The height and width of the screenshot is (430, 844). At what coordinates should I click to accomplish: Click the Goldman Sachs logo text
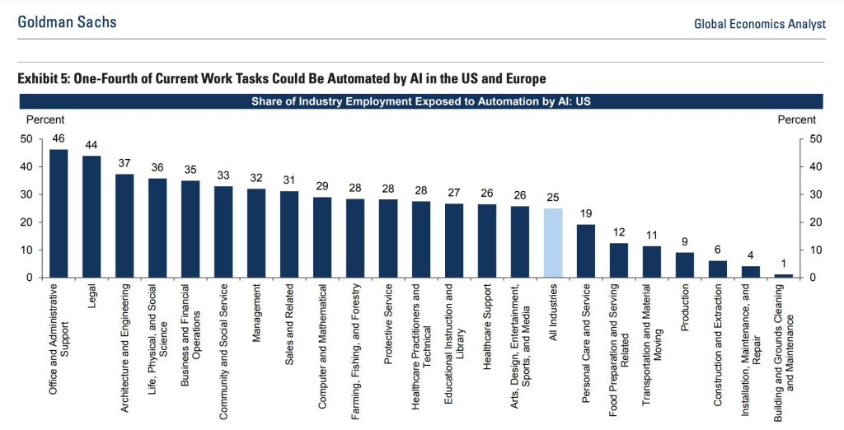coord(68,22)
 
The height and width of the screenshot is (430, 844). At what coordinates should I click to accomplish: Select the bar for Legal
coord(91,216)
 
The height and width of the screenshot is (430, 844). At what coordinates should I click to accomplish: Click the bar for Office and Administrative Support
coord(59,213)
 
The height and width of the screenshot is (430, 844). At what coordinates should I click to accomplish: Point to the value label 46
coord(59,138)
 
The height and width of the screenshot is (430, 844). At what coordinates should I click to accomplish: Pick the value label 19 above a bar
coord(586,213)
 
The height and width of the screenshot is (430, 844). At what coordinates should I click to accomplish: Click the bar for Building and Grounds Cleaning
coord(784,275)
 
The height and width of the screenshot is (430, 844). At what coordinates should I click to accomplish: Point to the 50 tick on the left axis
coord(27,139)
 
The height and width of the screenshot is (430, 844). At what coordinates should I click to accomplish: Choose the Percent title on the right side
coord(796,120)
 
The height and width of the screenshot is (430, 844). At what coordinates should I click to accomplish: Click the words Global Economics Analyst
coord(759,24)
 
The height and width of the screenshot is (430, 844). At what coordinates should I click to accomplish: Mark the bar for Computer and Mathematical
coord(322,237)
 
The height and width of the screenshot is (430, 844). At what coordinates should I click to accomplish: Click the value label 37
coord(124,163)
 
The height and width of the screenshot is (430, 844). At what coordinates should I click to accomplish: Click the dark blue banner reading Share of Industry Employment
coord(421,102)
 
